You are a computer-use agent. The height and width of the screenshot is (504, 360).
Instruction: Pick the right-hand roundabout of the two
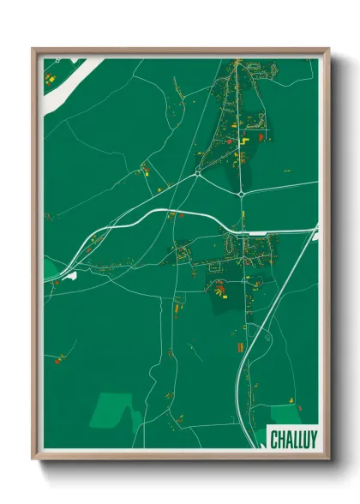tap(242, 195)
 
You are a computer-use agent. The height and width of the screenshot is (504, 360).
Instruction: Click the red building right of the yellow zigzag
tap(261, 136)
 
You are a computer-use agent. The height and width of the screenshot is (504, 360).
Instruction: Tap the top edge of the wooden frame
tap(180, 51)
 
